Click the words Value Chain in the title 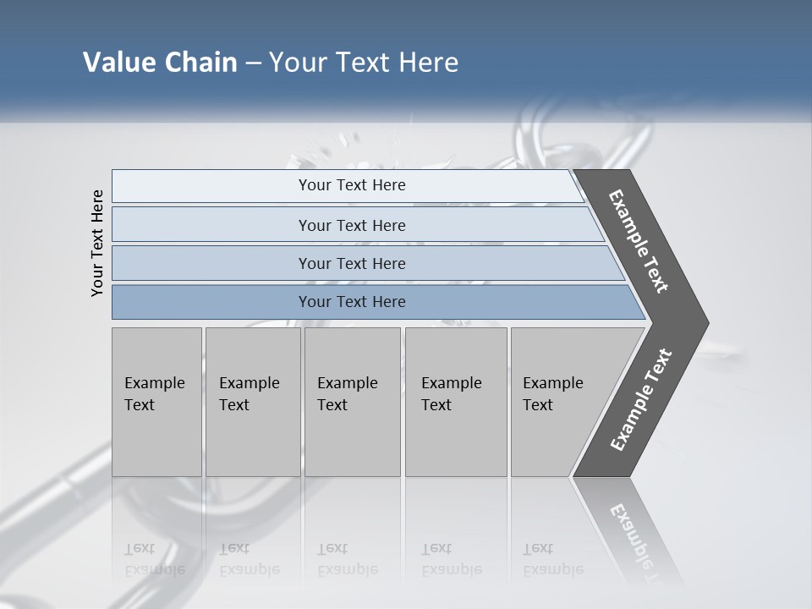(160, 63)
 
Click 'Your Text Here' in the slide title (364, 63)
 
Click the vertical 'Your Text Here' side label (97, 243)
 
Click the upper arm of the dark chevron (639, 242)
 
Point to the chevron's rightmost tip (705, 323)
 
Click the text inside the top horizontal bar (352, 185)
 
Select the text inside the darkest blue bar (352, 302)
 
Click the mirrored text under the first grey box (154, 559)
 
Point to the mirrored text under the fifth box (552, 559)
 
